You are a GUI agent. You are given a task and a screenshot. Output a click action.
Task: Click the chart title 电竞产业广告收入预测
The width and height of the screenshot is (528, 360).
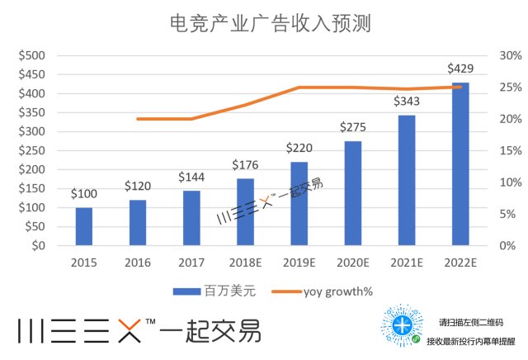(263, 23)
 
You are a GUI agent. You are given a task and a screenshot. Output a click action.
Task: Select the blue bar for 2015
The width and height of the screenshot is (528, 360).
(83, 226)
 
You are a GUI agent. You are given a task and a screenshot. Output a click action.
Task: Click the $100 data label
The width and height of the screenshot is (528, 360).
(83, 193)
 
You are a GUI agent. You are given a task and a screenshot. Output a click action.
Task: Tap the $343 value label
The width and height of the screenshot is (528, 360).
(406, 101)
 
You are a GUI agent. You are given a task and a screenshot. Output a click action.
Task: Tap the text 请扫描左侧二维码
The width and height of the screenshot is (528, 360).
(470, 322)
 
